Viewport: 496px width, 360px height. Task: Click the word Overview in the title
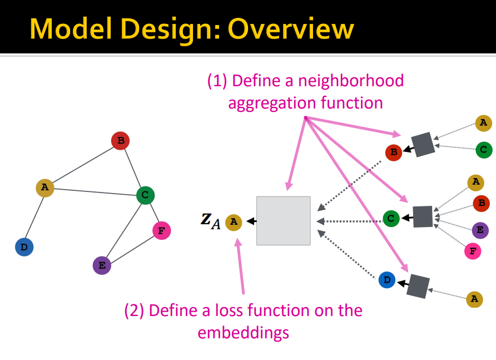(x=291, y=28)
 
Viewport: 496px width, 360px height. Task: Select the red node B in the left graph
(x=120, y=141)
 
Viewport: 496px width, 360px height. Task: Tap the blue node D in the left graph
(x=24, y=247)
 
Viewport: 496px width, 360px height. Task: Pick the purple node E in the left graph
(x=102, y=265)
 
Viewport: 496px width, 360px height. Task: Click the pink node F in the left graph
(x=161, y=230)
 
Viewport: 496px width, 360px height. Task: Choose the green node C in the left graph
(x=145, y=195)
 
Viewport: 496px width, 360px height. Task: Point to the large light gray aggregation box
(x=283, y=220)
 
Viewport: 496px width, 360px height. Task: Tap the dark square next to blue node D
(x=418, y=286)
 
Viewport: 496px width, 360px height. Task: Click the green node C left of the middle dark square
(x=391, y=218)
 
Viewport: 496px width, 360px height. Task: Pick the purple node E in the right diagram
(x=480, y=230)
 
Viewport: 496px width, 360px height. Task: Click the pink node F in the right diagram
(x=473, y=251)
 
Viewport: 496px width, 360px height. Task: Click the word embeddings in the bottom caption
(x=243, y=333)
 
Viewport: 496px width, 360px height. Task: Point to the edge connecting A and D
(x=34, y=217)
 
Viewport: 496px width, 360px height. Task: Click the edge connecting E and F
(x=131, y=248)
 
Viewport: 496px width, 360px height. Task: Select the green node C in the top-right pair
(x=483, y=149)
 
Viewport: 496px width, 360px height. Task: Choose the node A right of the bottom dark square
(x=474, y=299)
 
